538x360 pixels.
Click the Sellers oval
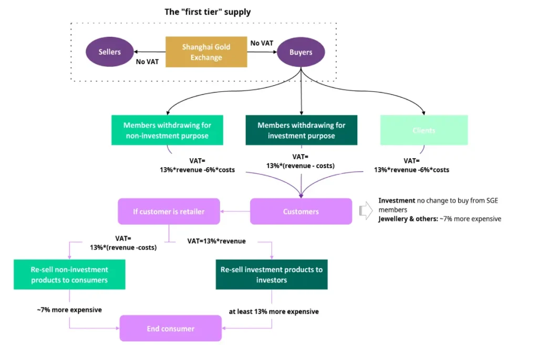(109, 52)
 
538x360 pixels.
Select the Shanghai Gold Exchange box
(206, 52)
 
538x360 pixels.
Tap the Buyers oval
(301, 52)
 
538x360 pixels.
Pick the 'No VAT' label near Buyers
(262, 43)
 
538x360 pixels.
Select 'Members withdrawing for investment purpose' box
(301, 130)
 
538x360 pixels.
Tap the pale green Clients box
(423, 130)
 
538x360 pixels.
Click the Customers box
(301, 211)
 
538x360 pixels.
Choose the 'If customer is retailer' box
(169, 211)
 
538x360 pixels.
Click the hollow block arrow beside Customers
(365, 211)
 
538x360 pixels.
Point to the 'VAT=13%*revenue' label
(216, 241)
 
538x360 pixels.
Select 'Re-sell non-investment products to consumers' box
(69, 275)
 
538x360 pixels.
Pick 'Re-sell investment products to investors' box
(272, 274)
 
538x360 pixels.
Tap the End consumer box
(170, 328)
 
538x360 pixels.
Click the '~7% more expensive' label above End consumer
(69, 310)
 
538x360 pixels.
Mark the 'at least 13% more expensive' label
(273, 311)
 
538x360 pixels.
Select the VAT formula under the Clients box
(411, 166)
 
